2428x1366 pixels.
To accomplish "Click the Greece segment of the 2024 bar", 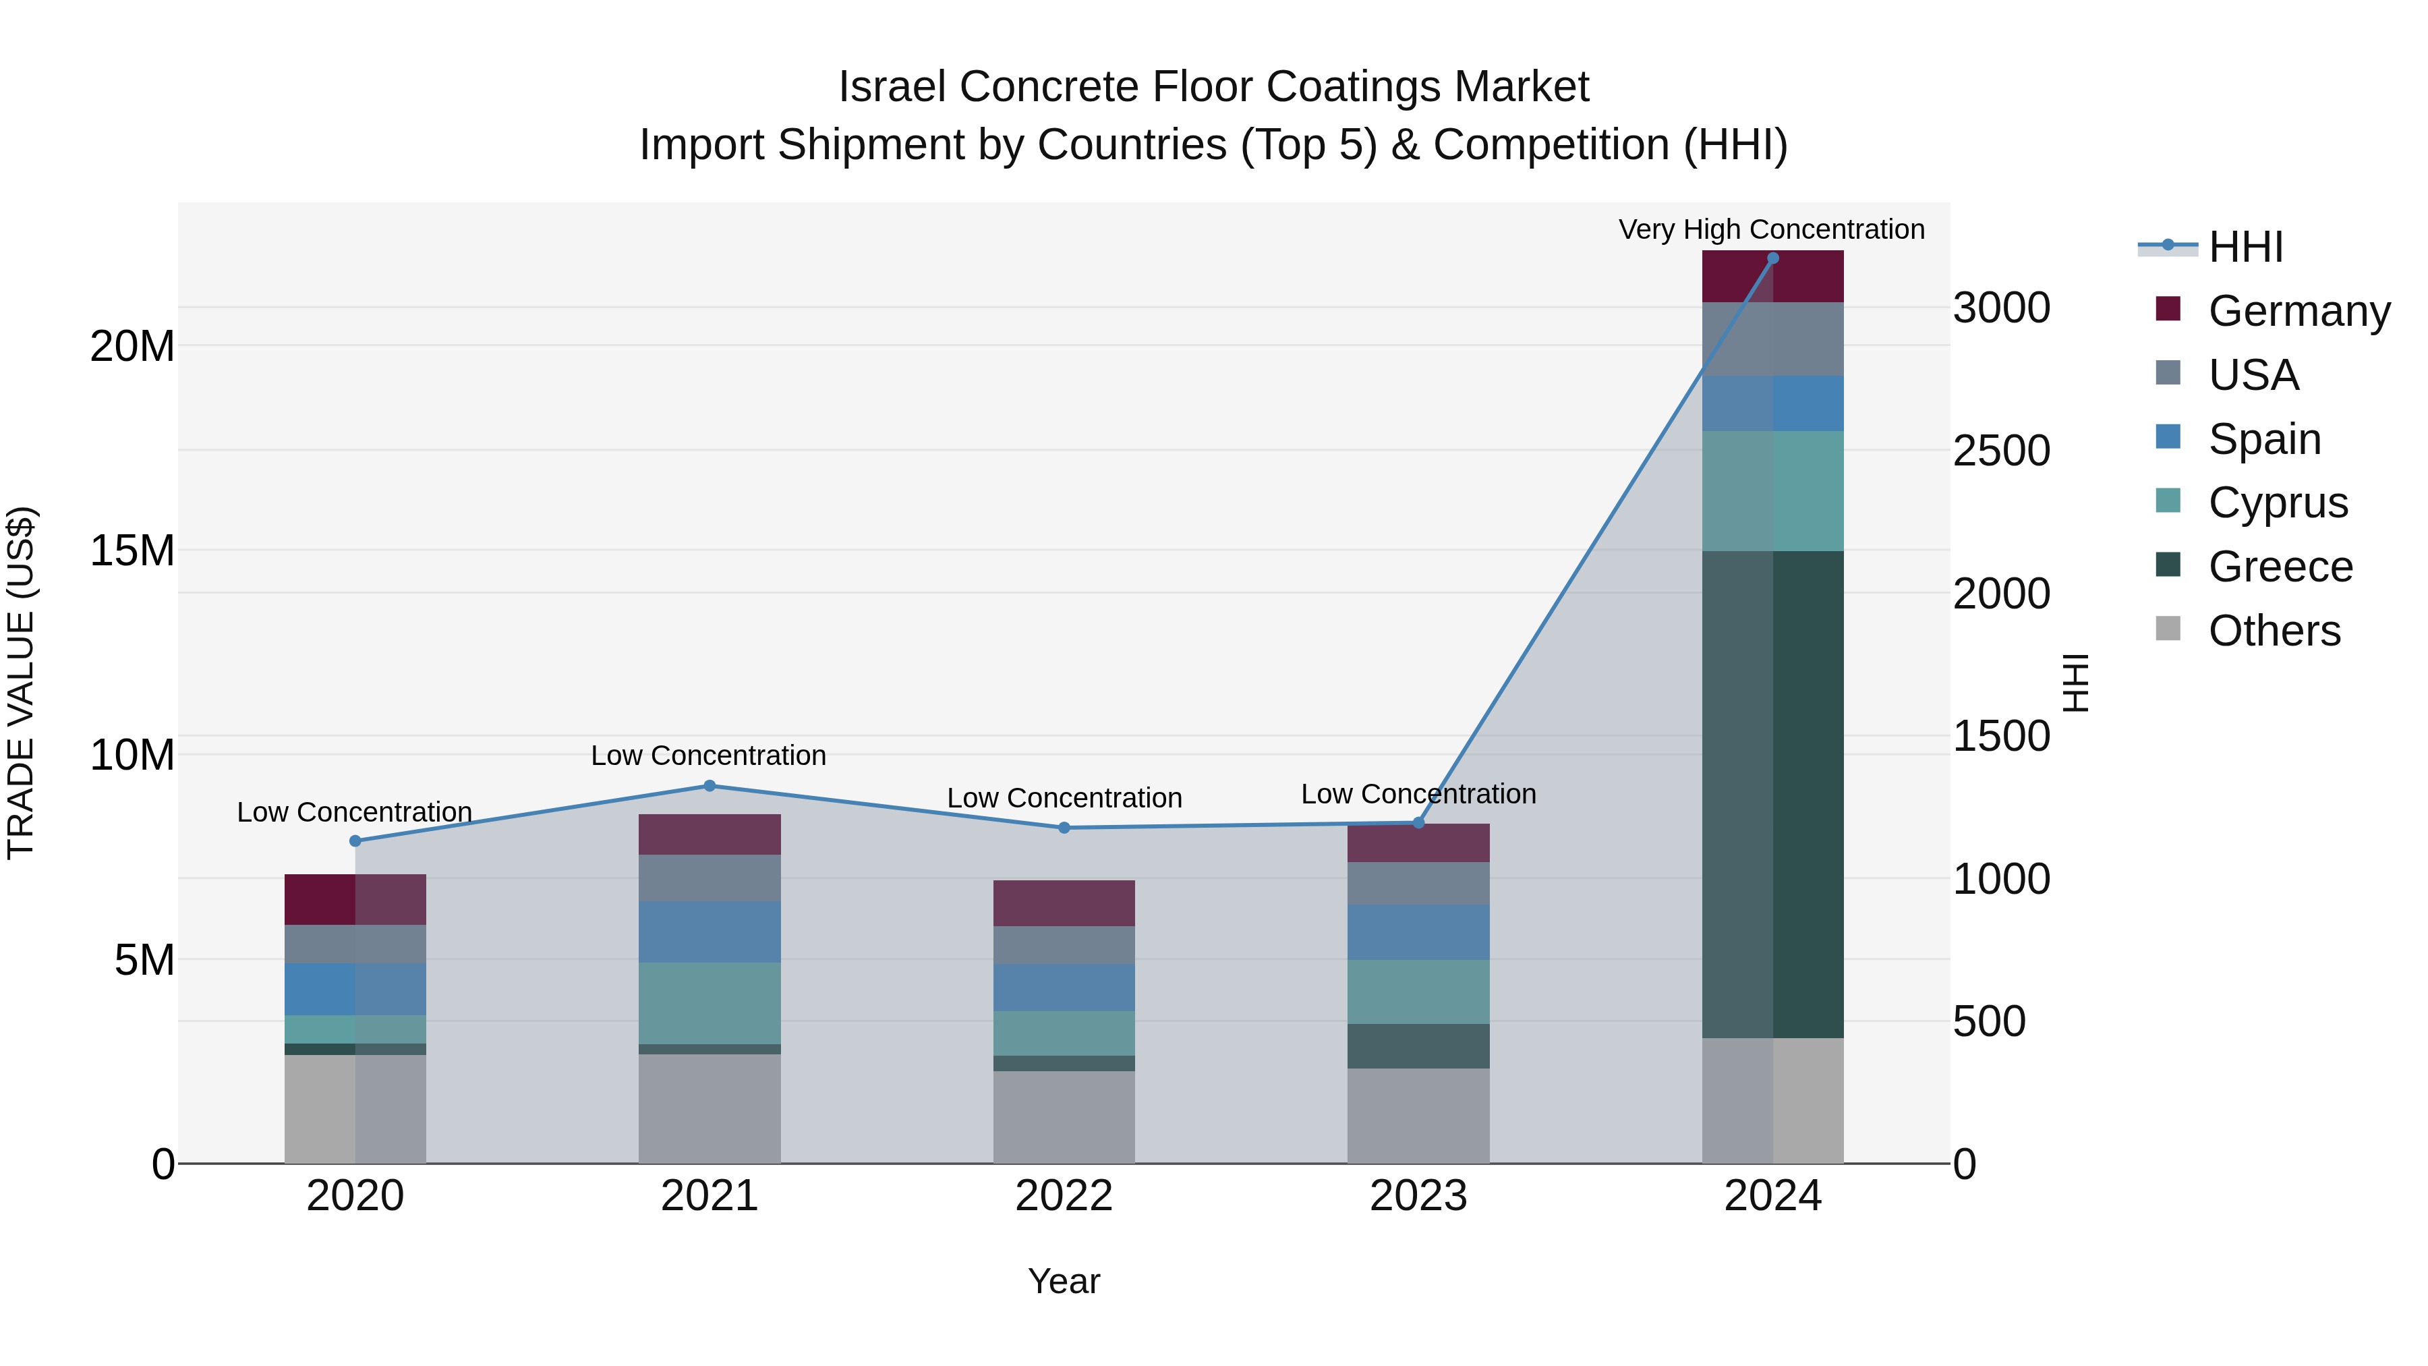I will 1772,794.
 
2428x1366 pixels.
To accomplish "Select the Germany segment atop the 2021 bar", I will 710,834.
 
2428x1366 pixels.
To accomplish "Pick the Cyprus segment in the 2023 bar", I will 1418,992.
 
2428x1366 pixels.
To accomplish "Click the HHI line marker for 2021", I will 710,785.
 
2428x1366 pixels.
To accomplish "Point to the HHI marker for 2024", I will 1772,258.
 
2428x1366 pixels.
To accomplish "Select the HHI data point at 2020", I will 355,841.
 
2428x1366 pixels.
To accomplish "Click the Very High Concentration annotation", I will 1771,229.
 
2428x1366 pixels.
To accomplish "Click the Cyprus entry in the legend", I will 2276,503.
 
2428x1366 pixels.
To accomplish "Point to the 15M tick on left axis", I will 132,550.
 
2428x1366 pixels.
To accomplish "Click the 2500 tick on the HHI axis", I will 2000,451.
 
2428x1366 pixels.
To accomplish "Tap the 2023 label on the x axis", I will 1418,1196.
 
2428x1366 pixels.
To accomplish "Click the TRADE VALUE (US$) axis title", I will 21,683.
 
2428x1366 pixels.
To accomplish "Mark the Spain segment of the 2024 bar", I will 1772,403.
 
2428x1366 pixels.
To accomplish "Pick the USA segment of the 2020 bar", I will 355,944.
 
